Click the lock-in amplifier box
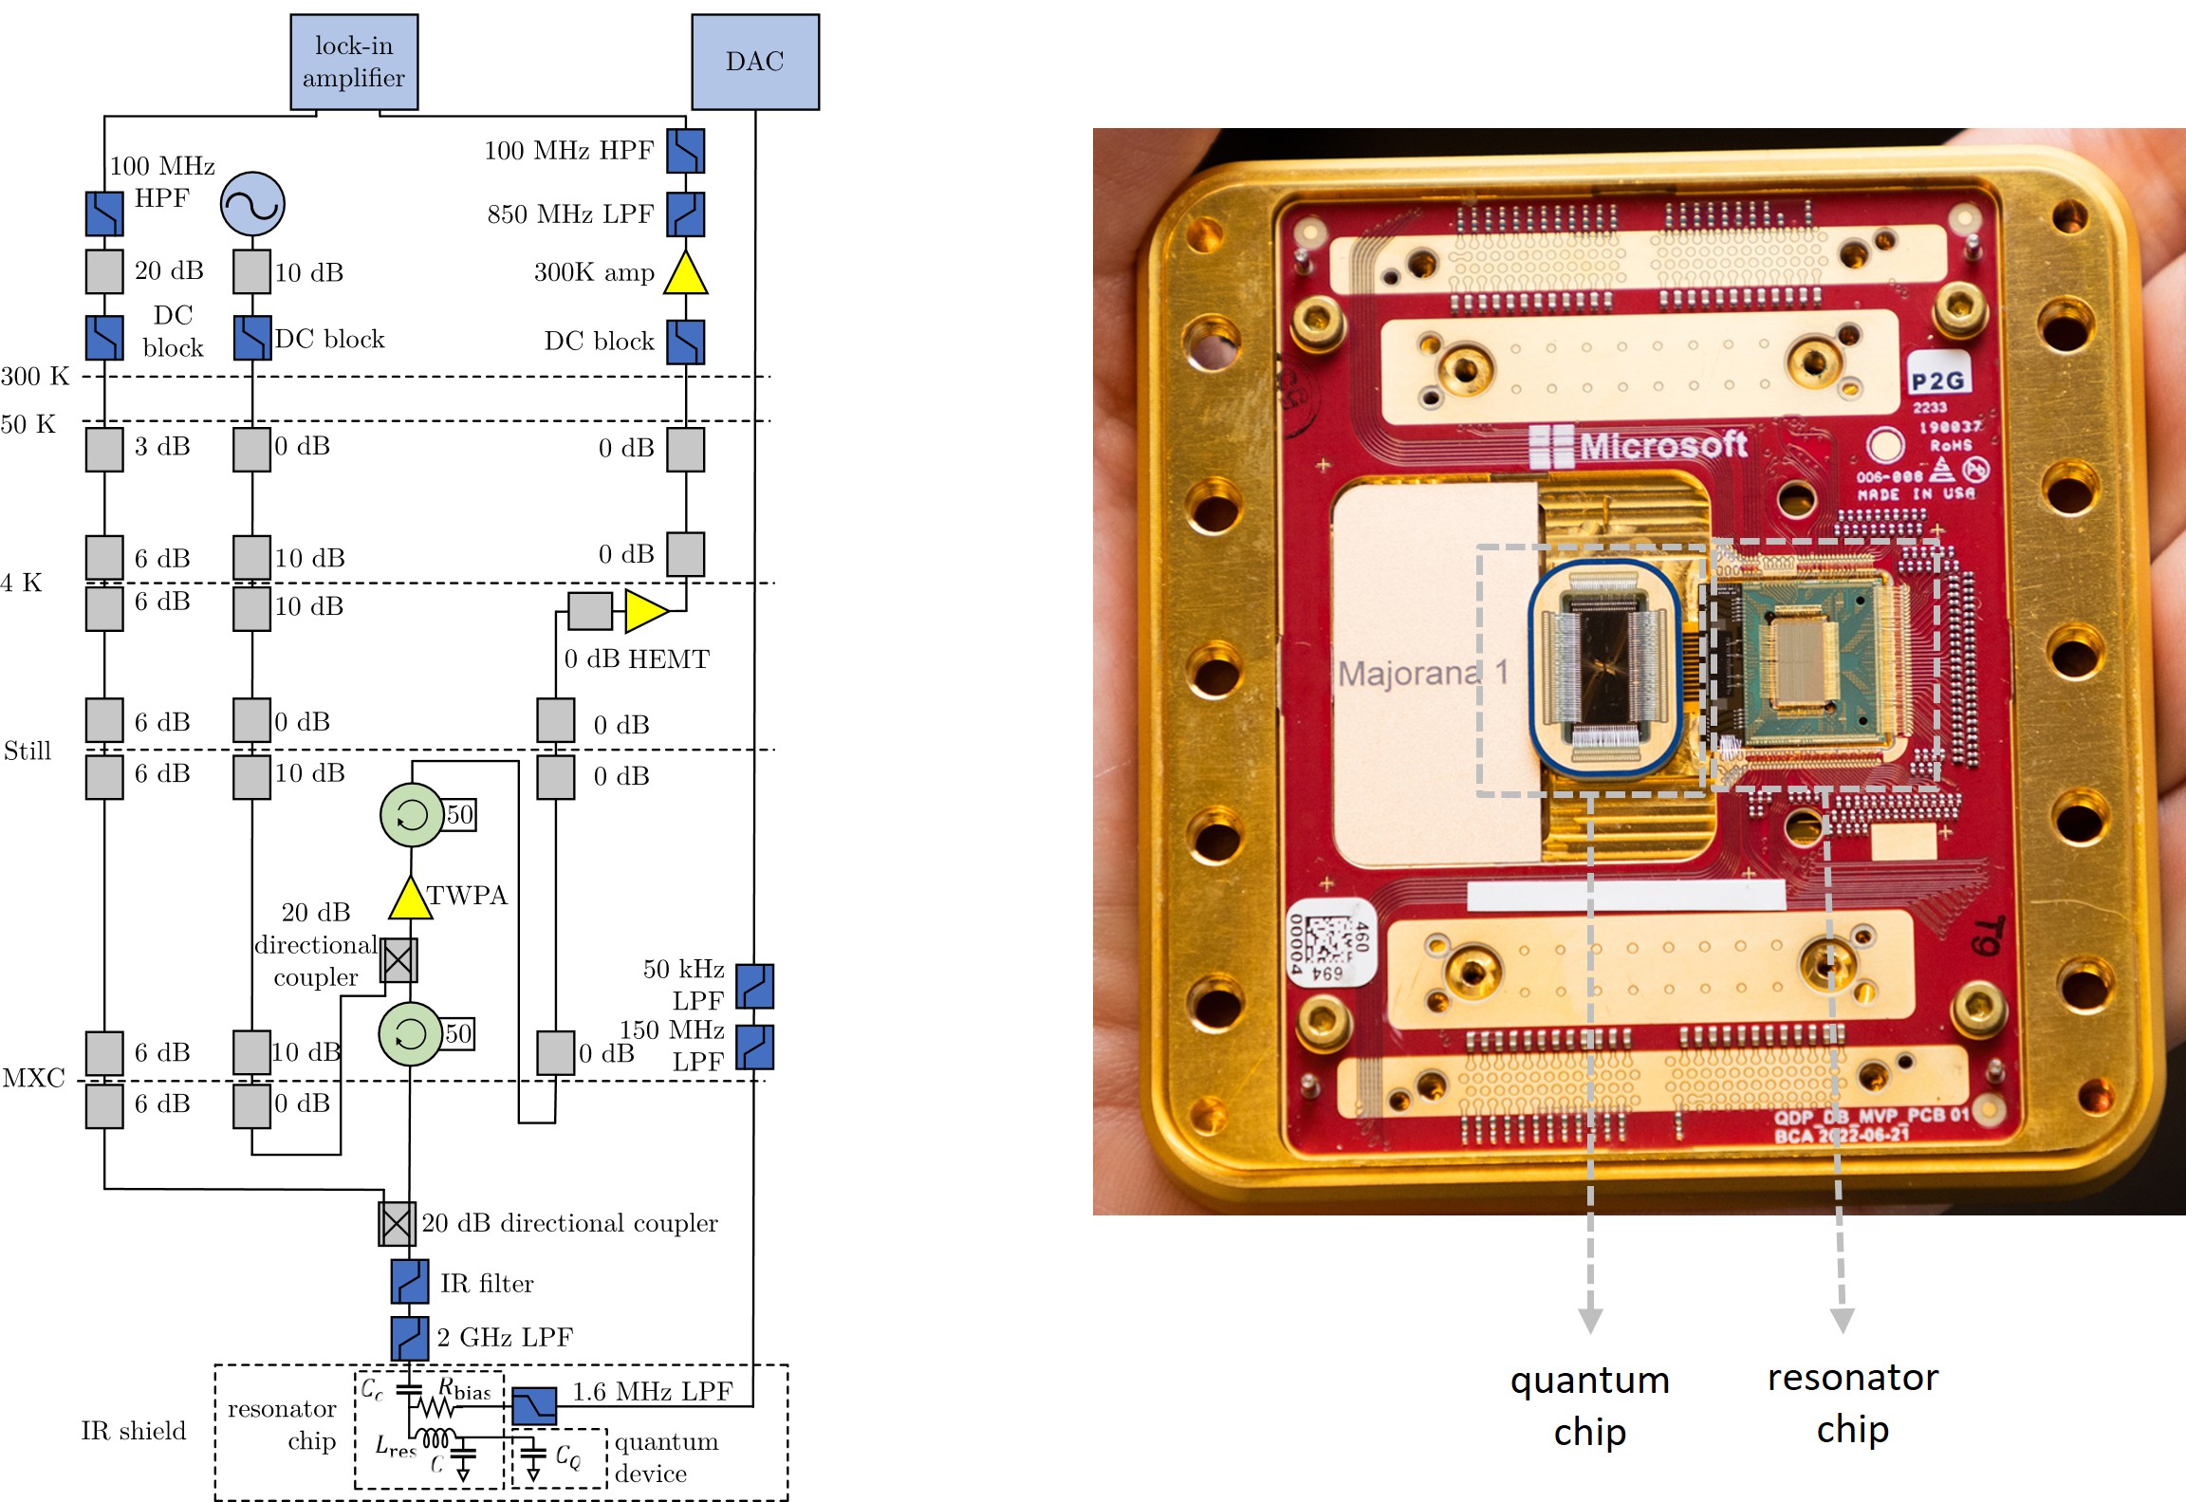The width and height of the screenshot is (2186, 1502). click(x=354, y=62)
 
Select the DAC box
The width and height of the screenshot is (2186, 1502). click(x=754, y=62)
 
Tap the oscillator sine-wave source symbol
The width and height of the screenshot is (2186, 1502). click(x=252, y=203)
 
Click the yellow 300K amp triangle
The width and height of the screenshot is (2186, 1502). click(x=686, y=274)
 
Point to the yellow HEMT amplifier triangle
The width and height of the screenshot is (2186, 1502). click(x=646, y=611)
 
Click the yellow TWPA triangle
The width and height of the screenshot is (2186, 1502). click(x=411, y=899)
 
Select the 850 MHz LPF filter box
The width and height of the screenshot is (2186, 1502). click(x=685, y=214)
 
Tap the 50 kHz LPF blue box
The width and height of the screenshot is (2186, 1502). click(x=754, y=986)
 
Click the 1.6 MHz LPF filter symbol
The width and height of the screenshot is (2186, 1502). click(x=534, y=1405)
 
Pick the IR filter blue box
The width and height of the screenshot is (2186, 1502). click(x=410, y=1281)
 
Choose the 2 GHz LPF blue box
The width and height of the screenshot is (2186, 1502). click(x=410, y=1338)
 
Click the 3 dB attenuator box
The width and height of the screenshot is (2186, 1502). click(x=104, y=449)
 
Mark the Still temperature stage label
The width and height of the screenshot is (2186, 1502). click(x=28, y=751)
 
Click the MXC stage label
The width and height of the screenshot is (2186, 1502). click(x=33, y=1078)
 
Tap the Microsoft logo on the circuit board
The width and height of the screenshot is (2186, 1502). click(x=1639, y=445)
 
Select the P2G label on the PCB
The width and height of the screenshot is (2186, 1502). click(x=1937, y=381)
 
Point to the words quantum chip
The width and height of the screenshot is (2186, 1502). click(x=1590, y=1405)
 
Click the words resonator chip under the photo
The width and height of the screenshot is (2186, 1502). click(x=1852, y=1402)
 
